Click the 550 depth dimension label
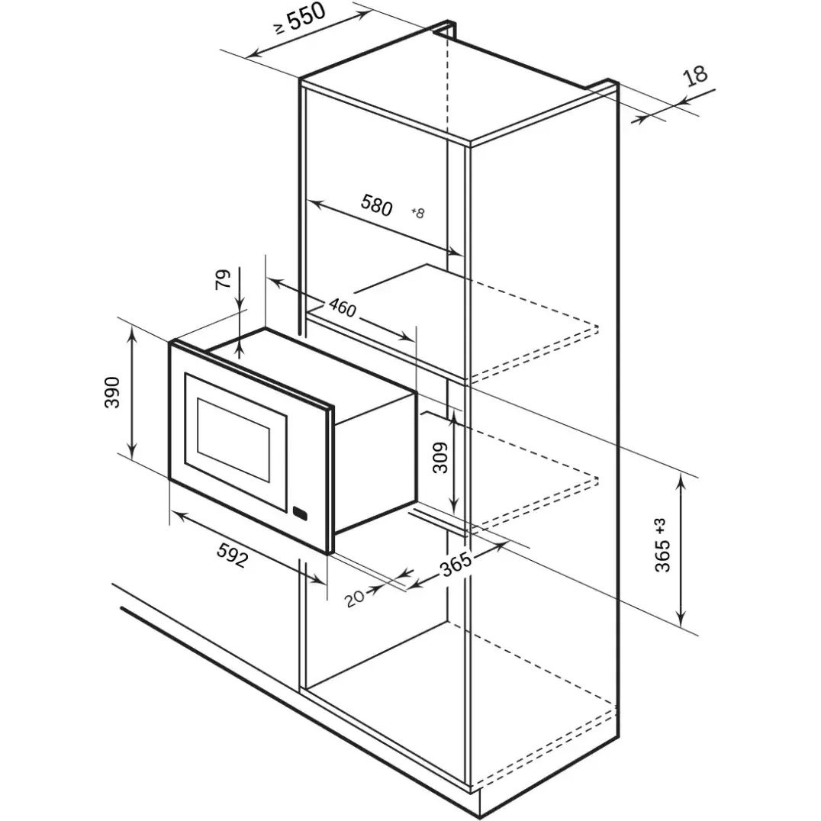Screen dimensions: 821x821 (x=306, y=19)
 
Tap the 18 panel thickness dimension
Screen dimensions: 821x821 (x=696, y=76)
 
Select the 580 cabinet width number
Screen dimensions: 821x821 (x=376, y=204)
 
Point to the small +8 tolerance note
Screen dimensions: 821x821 (x=418, y=213)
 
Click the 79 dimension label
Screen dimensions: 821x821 (x=223, y=279)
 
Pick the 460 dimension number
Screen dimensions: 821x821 (x=343, y=307)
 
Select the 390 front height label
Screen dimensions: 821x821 (x=113, y=392)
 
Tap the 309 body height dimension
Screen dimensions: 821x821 (x=441, y=458)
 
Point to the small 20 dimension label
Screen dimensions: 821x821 (x=355, y=598)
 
